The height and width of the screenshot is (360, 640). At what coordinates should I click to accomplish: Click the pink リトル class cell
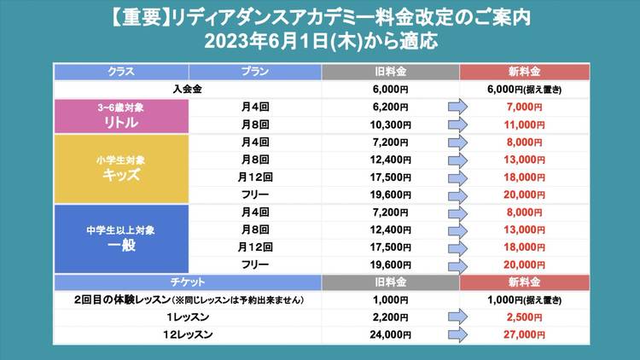tap(120, 115)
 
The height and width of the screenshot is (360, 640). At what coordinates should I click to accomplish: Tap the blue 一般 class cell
tap(120, 238)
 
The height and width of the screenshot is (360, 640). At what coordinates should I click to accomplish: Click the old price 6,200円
tap(392, 107)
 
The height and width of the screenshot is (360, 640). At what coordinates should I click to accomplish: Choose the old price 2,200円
tap(392, 318)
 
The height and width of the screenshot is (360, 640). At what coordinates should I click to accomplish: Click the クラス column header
tap(120, 71)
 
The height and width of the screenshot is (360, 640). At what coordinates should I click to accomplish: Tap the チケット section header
tap(187, 282)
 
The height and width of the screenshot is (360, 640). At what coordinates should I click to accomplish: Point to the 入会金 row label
tap(187, 89)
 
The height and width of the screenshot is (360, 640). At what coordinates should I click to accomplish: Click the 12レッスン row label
tap(187, 335)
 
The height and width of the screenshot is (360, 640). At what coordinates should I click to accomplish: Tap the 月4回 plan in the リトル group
tap(254, 107)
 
